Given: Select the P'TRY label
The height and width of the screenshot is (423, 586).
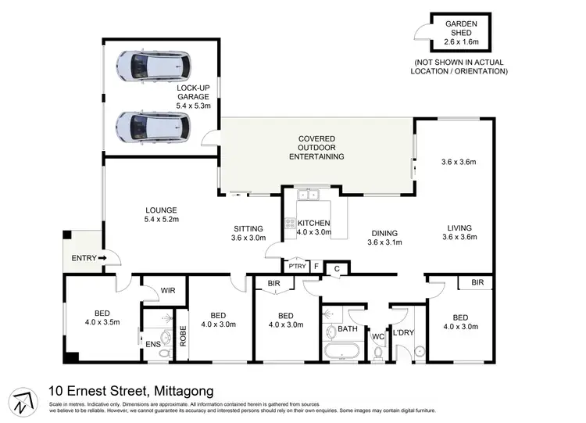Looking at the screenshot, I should click(297, 266).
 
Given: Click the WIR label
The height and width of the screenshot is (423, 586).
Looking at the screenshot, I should click(168, 290).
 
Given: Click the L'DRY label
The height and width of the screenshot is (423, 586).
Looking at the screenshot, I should click(403, 333).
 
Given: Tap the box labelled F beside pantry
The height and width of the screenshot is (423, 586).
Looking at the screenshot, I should click(316, 266).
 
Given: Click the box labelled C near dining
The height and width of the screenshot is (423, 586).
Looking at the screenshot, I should click(336, 269).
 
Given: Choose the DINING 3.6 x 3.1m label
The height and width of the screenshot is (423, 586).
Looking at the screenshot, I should click(384, 238).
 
